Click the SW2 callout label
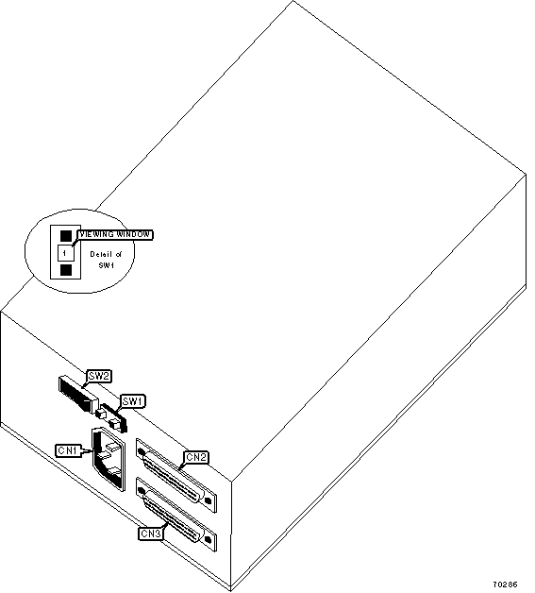click(99, 376)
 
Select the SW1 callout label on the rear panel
click(132, 401)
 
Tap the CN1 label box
click(68, 450)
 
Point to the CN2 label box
click(196, 457)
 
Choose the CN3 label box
click(151, 534)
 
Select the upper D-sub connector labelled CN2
click(176, 475)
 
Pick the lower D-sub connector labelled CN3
click(176, 514)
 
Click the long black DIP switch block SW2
click(77, 394)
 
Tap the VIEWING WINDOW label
click(115, 234)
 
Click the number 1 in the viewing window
click(64, 253)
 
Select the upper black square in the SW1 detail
click(66, 236)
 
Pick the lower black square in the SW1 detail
click(66, 270)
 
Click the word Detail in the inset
click(100, 254)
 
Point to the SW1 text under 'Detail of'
click(107, 265)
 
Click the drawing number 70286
click(505, 585)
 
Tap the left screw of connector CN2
click(142, 452)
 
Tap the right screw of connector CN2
click(208, 500)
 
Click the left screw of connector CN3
click(142, 490)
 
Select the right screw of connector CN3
click(208, 539)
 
